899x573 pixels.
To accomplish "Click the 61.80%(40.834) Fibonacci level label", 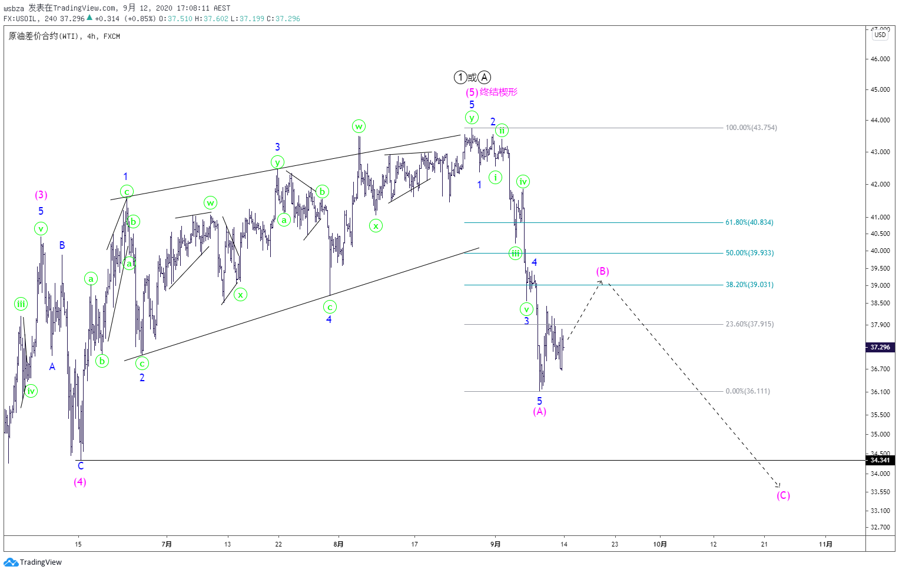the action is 749,222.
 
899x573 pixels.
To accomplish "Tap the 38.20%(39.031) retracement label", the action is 749,285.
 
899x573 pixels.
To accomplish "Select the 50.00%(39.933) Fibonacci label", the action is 749,253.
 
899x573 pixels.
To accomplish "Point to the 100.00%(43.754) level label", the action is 751,128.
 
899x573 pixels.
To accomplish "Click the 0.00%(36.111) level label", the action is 748,391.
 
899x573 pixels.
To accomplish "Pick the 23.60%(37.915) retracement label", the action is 749,324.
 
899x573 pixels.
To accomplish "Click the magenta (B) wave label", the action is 602,271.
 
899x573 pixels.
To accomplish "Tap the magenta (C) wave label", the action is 783,495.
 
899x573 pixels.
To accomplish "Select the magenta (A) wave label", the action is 539,411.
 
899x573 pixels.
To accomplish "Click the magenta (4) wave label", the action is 80,482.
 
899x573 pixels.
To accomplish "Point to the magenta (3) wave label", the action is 41,195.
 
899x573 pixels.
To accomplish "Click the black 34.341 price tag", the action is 880,460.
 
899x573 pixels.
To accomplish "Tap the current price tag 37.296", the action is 880,347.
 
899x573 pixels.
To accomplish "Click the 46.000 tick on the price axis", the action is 880,59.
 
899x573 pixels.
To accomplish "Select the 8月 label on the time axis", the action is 339,544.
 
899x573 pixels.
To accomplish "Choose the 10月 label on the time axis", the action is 660,544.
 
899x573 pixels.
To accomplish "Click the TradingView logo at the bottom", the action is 33,562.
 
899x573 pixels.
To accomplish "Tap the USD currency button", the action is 880,35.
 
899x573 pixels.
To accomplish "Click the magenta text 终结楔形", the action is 499,92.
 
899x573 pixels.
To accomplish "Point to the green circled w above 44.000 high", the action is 359,126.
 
